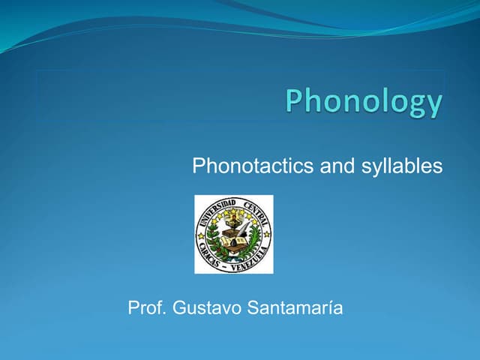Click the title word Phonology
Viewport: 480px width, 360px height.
[364, 102]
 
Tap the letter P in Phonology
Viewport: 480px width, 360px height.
[295, 100]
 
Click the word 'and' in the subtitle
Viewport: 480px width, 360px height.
[336, 166]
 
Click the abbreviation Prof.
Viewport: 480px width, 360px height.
[148, 307]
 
